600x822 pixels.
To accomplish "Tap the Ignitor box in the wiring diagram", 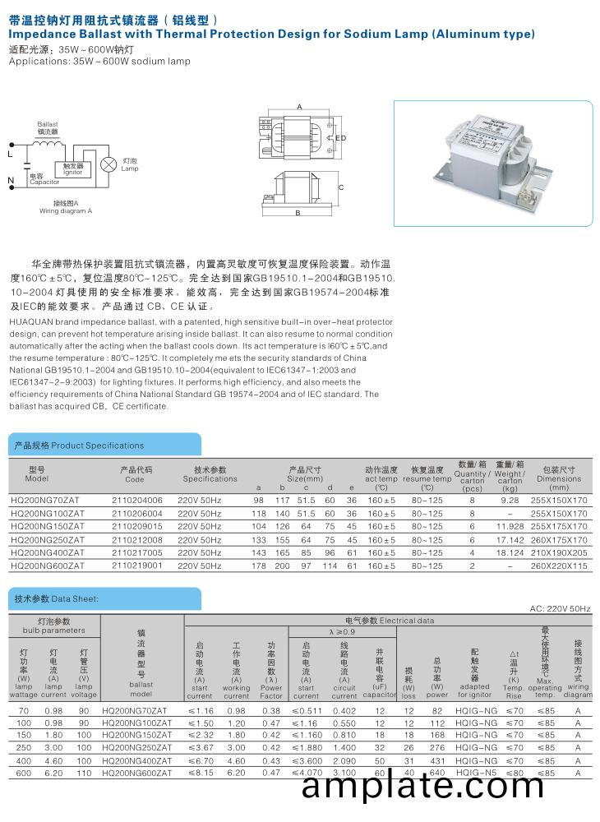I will (72, 169).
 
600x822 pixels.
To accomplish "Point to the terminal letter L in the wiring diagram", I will (11, 154).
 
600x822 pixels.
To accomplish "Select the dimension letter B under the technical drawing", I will (298, 213).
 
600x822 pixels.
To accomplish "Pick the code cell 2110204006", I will (136, 500).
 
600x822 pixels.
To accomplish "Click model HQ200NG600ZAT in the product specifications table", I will (47, 566).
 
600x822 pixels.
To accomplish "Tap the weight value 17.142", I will (510, 539).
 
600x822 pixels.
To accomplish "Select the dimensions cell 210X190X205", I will (559, 552).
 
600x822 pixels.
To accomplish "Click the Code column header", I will (135, 479).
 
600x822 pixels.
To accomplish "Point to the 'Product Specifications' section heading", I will (79, 446).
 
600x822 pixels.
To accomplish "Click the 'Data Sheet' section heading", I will (56, 598).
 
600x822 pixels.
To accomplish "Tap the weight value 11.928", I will (510, 526).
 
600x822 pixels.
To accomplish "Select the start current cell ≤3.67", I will (201, 747).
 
